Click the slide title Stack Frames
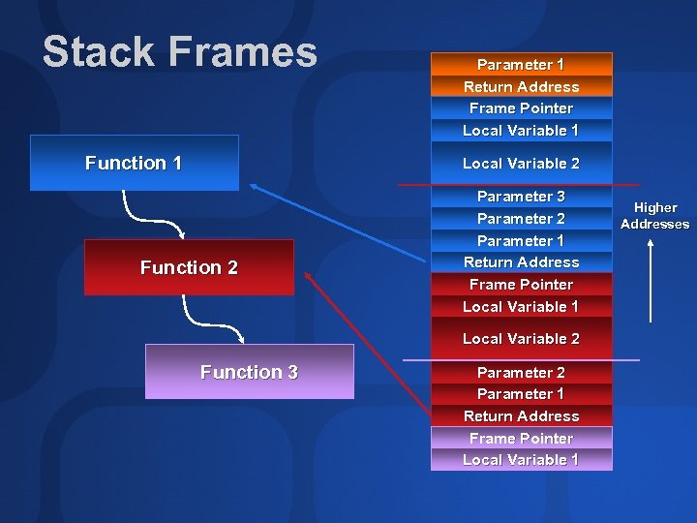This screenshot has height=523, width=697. (x=180, y=52)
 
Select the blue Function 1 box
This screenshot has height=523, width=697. (x=134, y=163)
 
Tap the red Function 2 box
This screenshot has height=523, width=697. (x=189, y=267)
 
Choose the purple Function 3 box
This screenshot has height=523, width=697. (x=249, y=372)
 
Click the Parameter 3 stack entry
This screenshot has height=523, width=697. (x=521, y=196)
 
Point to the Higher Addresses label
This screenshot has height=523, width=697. (x=655, y=216)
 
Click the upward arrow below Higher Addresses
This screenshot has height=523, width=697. (x=651, y=281)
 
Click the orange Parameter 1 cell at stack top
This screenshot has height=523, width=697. (x=521, y=64)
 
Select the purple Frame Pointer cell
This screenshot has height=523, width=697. (x=521, y=438)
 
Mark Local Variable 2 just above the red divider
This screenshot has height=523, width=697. (x=521, y=164)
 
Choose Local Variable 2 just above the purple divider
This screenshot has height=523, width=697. (x=521, y=339)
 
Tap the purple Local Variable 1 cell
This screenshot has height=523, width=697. (x=521, y=460)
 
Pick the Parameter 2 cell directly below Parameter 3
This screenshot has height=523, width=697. (x=521, y=218)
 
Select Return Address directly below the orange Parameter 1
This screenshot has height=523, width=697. (x=521, y=86)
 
